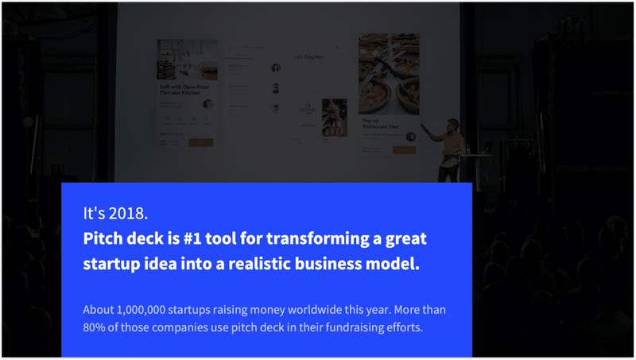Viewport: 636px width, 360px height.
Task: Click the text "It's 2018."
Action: tap(114, 214)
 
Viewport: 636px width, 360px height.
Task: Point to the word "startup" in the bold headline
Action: tap(113, 264)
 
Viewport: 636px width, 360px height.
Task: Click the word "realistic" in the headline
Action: tap(273, 264)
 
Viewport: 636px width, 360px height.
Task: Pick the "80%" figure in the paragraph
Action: tap(95, 326)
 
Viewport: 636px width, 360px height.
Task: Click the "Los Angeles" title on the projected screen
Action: tap(309, 57)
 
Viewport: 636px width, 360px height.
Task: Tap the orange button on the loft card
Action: tap(200, 142)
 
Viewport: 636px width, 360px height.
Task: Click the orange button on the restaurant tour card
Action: tap(405, 149)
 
